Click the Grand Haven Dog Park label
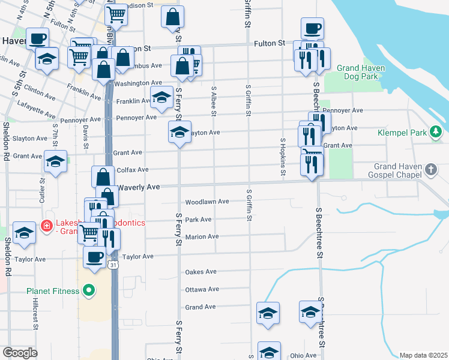pos(360,72)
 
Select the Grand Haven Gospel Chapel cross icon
pos(430,170)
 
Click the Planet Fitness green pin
pos(89,292)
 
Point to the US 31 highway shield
pos(113,264)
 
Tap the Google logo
pos(20,352)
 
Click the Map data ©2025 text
pos(423,355)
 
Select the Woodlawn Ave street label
pos(207,202)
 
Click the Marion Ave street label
pos(202,237)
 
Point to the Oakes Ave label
pos(201,272)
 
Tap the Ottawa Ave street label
pos(202,289)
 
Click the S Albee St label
pos(214,100)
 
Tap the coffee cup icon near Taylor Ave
pos(93,256)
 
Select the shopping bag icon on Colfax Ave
pos(103,176)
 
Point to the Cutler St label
pos(43,189)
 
